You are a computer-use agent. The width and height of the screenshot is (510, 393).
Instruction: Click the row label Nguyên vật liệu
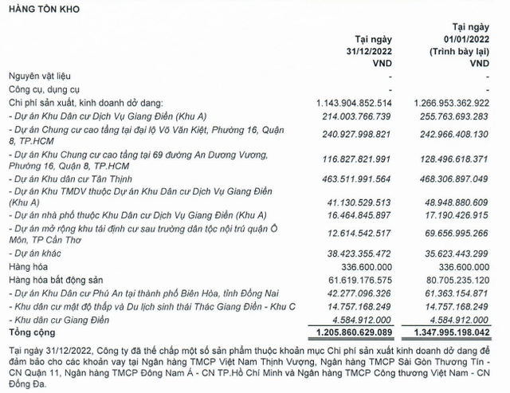41,76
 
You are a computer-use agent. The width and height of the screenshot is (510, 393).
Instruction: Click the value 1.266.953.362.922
450,103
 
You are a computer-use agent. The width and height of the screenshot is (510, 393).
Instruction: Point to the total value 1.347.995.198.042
450,330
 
